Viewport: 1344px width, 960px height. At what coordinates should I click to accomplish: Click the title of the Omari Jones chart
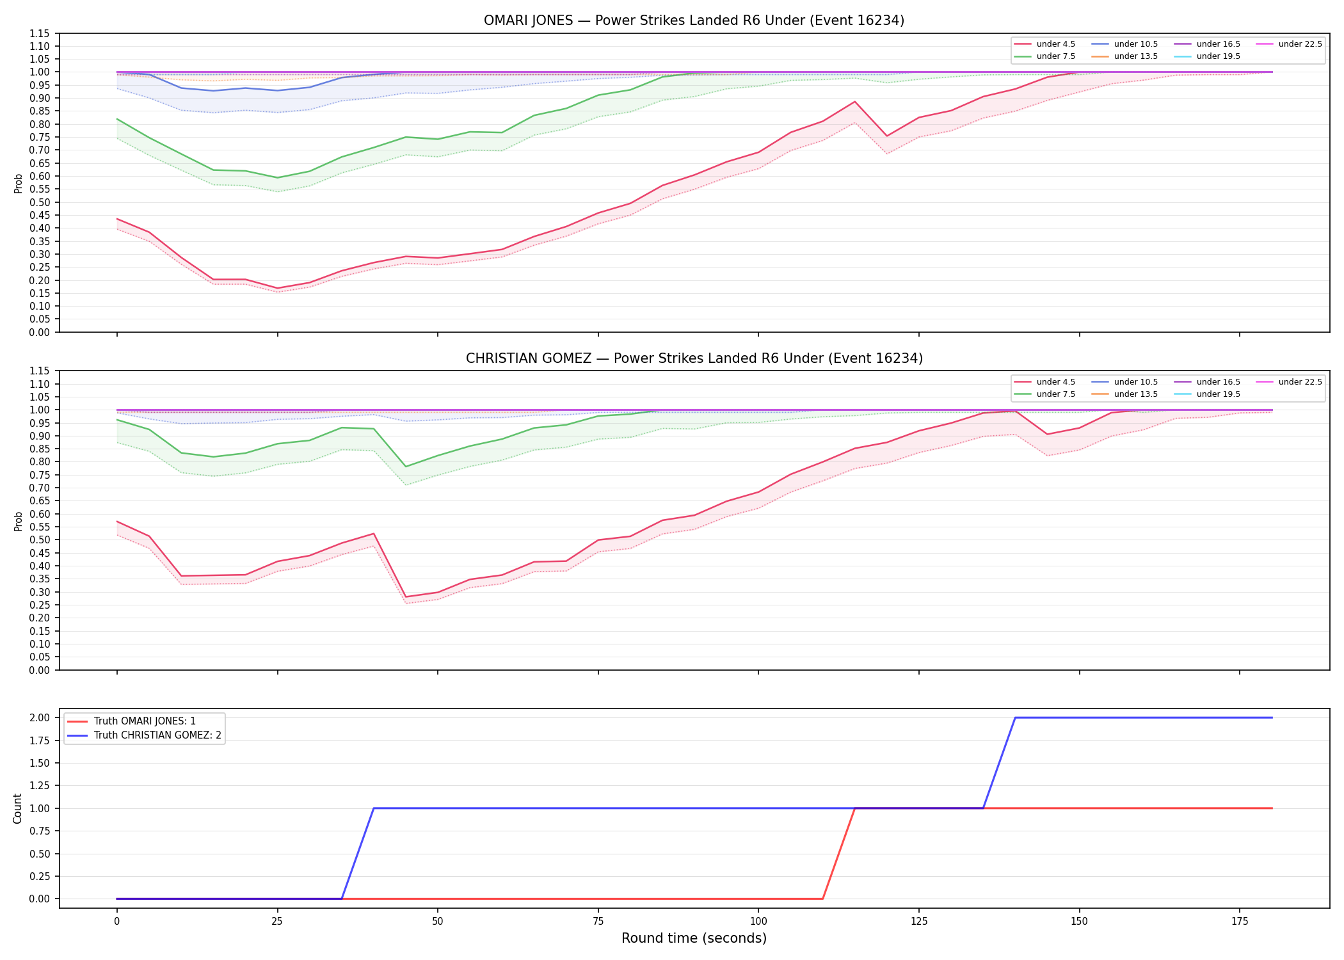[x=694, y=20]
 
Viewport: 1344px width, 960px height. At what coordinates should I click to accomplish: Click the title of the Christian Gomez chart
[x=694, y=358]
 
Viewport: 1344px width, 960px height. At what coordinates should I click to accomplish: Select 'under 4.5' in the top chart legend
[x=1055, y=44]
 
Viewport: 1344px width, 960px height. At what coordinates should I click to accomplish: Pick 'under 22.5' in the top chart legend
[x=1300, y=44]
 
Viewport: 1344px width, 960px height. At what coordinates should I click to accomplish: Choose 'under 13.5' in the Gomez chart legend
[x=1135, y=394]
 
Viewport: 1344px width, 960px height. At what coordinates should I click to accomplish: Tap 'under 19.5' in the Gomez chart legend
[x=1218, y=394]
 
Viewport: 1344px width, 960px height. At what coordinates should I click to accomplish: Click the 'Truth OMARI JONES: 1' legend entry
[x=145, y=721]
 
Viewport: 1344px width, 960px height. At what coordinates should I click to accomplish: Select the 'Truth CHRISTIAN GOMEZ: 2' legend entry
[x=157, y=735]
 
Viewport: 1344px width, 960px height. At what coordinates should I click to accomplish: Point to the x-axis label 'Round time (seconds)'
[x=694, y=938]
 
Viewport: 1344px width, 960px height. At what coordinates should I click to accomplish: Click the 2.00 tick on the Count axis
[x=42, y=717]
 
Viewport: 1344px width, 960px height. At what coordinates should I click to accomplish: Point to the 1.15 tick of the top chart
[x=42, y=33]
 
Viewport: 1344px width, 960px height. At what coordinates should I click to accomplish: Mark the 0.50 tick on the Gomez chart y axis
[x=42, y=540]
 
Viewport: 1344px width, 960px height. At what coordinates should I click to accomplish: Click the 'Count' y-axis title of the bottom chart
[x=18, y=808]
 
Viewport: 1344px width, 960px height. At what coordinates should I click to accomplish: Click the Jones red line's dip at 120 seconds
[x=887, y=136]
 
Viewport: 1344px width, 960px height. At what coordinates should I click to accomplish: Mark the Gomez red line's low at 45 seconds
[x=406, y=597]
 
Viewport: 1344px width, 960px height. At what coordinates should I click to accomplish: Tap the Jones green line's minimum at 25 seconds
[x=277, y=178]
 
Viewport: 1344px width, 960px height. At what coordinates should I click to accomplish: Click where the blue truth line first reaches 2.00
[x=1015, y=717]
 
